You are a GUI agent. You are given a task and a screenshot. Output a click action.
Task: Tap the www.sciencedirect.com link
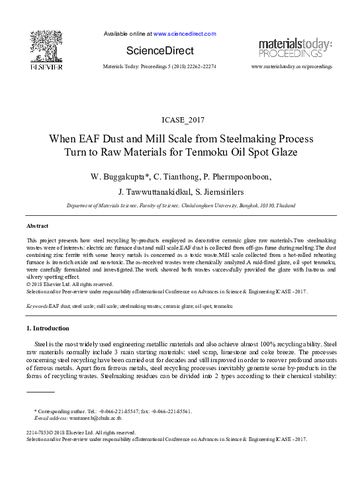click(x=185, y=33)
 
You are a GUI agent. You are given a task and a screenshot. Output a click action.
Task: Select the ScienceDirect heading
click(x=161, y=50)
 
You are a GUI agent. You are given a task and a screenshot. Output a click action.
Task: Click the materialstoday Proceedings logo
click(x=294, y=47)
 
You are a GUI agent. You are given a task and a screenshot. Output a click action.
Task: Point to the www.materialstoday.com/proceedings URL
click(x=292, y=67)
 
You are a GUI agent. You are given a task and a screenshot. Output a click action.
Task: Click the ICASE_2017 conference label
click(x=179, y=119)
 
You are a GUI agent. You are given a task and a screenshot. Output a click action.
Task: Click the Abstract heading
click(x=37, y=226)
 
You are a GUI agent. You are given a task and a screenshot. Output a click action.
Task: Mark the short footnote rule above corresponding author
click(x=39, y=402)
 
